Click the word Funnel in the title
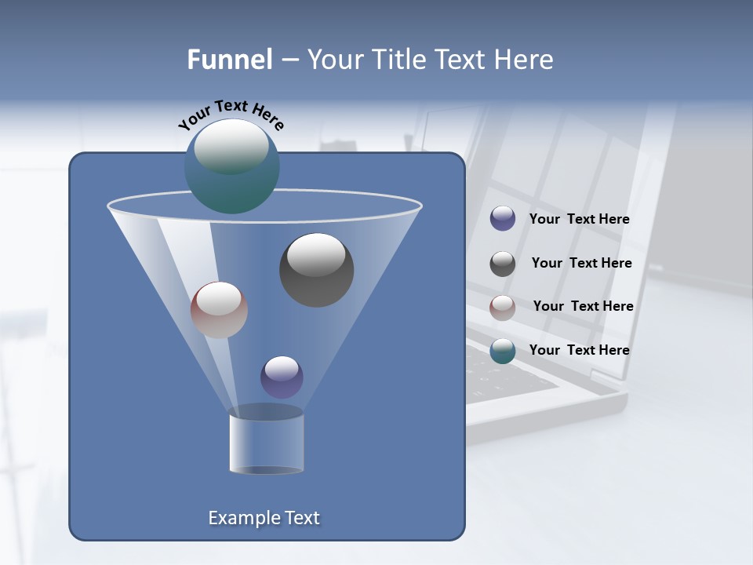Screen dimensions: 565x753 229,60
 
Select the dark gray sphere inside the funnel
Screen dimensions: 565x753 316,269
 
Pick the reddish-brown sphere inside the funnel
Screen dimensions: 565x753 219,310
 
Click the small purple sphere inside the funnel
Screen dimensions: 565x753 282,377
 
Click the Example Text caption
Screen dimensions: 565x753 264,518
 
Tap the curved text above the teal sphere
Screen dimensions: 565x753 231,115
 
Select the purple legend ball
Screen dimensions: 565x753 503,219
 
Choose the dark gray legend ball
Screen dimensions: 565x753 503,264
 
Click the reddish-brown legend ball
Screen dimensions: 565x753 503,308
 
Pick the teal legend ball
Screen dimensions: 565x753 503,351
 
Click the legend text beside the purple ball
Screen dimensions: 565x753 579,220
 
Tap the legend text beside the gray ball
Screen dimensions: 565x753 581,264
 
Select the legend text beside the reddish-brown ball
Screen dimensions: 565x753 583,307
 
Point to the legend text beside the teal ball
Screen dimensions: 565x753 579,350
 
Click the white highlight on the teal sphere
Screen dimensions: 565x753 231,145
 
